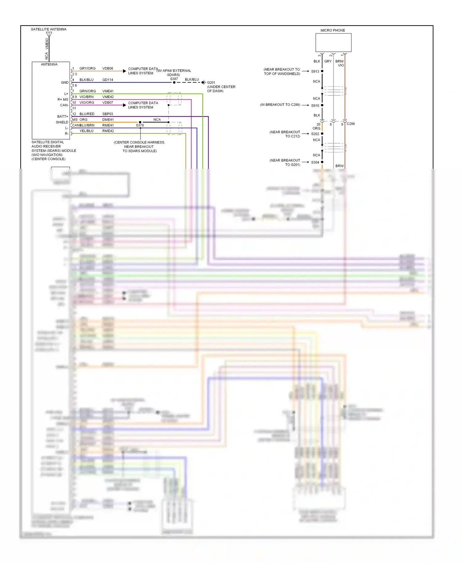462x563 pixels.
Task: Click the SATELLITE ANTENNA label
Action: [x=49, y=29]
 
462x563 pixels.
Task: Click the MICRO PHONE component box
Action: [x=333, y=43]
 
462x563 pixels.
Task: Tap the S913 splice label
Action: [x=315, y=71]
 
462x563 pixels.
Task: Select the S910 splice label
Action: [x=315, y=106]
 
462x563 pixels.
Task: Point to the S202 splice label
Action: [x=315, y=134]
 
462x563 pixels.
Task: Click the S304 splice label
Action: [x=315, y=162]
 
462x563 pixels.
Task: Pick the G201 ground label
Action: [x=211, y=83]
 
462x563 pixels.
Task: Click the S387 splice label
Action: [x=174, y=79]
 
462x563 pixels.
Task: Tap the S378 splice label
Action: [x=140, y=125]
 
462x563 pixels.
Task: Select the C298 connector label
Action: [x=351, y=124]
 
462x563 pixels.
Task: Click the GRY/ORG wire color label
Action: [x=87, y=68]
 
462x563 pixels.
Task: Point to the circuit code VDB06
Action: [x=108, y=68]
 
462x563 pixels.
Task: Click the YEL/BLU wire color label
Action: [x=87, y=131]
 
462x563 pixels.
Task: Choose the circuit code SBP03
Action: [x=108, y=114]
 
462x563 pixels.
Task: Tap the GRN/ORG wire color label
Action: [x=88, y=91]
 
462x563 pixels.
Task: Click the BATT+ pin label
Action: [x=63, y=116]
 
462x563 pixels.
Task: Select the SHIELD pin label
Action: [x=62, y=122]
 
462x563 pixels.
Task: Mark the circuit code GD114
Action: [x=108, y=80]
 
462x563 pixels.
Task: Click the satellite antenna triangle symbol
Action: [x=49, y=34]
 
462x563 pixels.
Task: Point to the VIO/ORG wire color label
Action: [x=87, y=103]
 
